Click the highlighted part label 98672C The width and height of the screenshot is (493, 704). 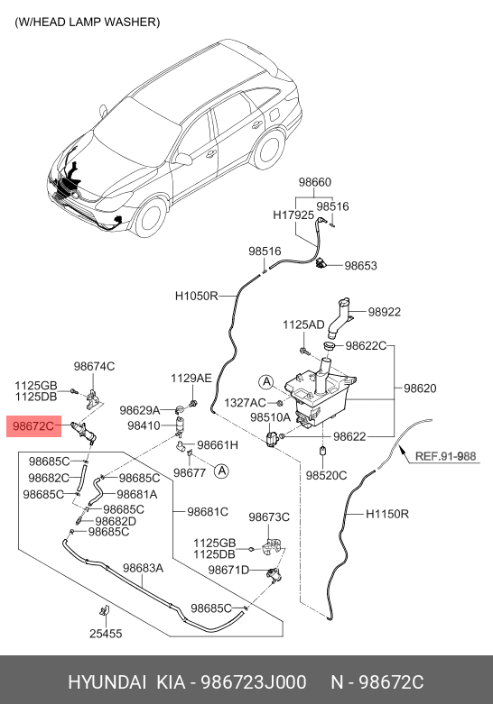tap(33, 426)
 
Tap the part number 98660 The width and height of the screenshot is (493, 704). tap(315, 182)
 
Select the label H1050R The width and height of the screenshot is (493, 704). tap(197, 296)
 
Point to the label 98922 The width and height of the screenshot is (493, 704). tap(384, 312)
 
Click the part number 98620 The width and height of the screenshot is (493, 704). tap(420, 388)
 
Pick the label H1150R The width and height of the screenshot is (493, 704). tap(387, 514)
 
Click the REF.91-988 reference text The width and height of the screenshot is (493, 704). tap(445, 456)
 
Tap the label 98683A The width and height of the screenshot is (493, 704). tap(143, 568)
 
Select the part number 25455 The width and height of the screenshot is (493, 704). tap(106, 634)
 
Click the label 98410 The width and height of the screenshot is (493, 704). tap(144, 425)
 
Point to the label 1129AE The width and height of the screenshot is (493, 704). tap(191, 378)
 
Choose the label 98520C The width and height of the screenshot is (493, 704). tap(326, 475)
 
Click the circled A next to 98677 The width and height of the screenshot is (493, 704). tap(221, 471)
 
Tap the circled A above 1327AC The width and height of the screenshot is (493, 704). tap(266, 382)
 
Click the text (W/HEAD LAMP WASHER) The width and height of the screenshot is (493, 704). tap(88, 22)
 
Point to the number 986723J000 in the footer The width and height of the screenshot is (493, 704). tap(253, 682)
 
